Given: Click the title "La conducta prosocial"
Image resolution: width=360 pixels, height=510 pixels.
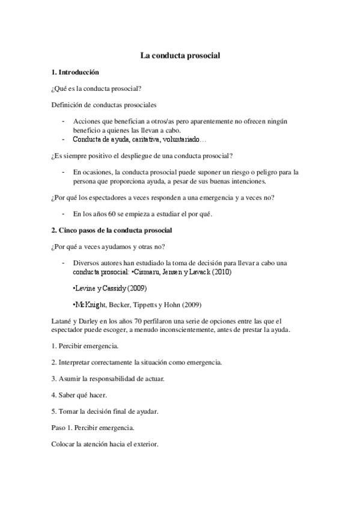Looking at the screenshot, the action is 180,55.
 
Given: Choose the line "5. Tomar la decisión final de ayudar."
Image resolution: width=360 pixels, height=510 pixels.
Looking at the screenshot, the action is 106,411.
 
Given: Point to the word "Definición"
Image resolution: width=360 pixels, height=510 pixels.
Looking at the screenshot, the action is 69,105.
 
